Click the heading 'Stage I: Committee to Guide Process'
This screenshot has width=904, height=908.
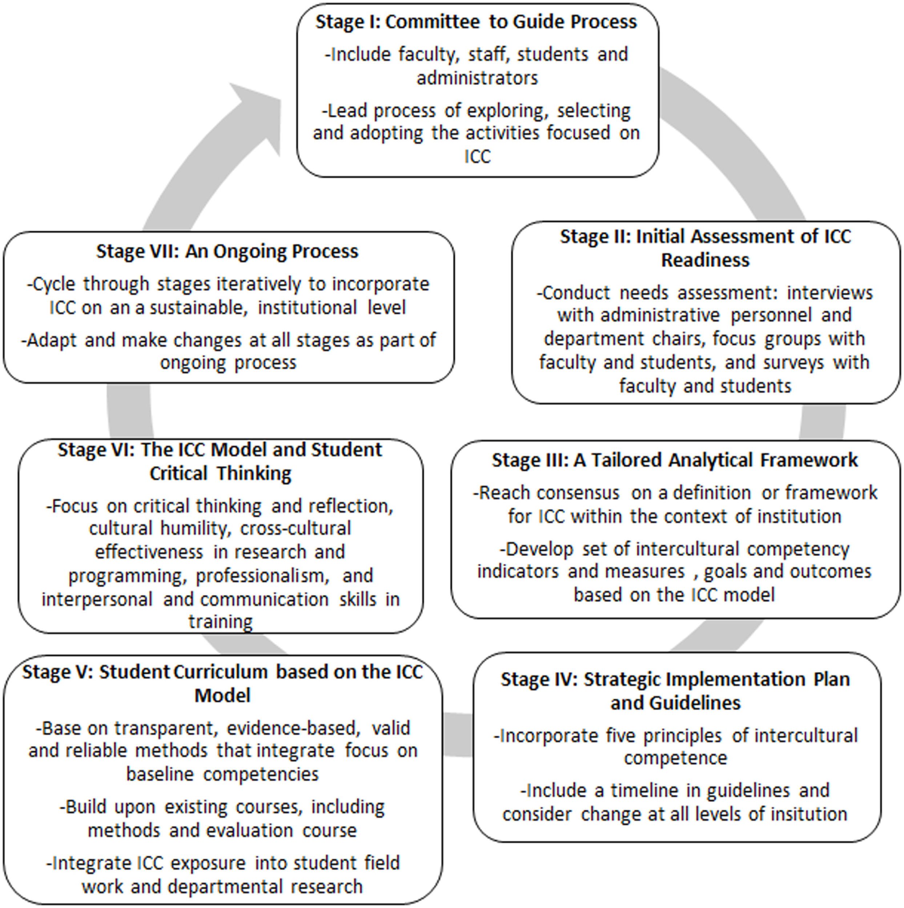[x=476, y=22]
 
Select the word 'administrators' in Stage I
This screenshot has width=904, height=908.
[x=477, y=78]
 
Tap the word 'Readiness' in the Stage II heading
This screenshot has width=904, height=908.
[x=705, y=260]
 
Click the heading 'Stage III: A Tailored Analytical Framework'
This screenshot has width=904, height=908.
[x=675, y=460]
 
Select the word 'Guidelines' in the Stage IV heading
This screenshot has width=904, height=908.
[x=675, y=703]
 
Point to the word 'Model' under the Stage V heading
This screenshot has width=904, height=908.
[x=222, y=696]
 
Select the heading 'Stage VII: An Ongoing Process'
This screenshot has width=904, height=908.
[x=227, y=251]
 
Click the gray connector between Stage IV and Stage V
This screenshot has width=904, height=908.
[x=457, y=735]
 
